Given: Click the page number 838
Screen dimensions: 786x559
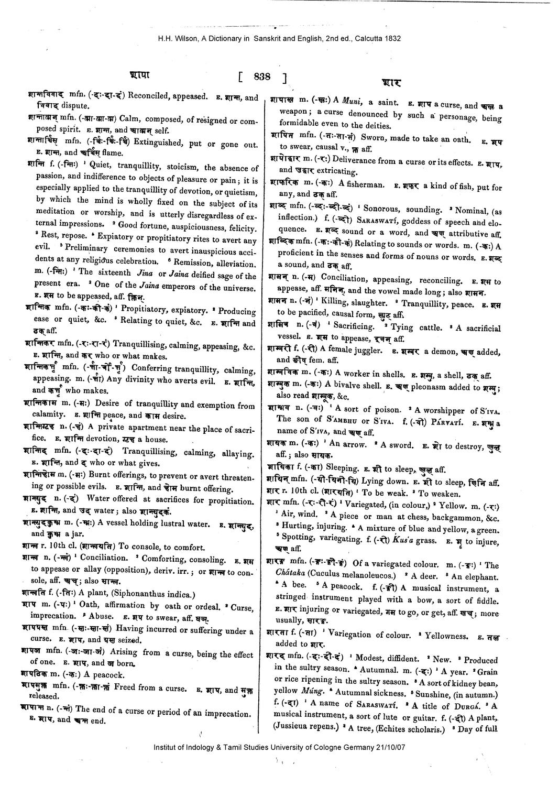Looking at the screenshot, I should [262, 77].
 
